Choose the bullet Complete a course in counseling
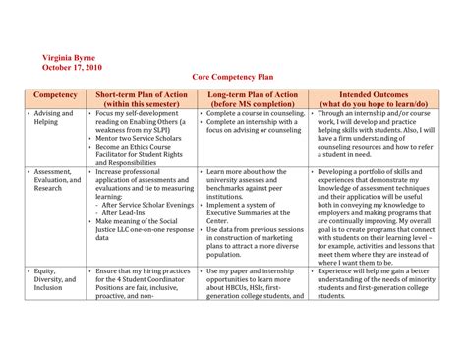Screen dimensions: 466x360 [x=254, y=114]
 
